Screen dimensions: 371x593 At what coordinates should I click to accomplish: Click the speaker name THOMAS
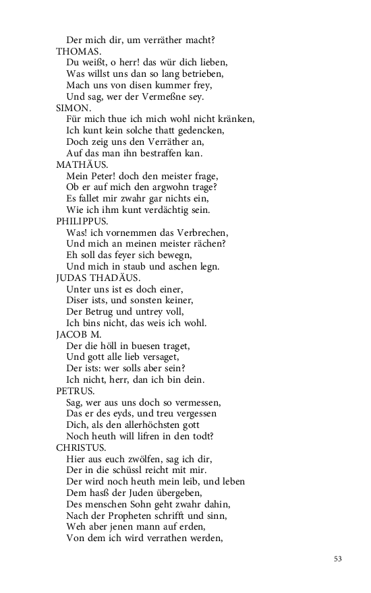tap(79, 51)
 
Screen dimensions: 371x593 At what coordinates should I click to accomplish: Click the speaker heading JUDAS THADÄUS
tap(98, 277)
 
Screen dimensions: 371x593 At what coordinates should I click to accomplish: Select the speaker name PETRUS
tap(76, 390)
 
